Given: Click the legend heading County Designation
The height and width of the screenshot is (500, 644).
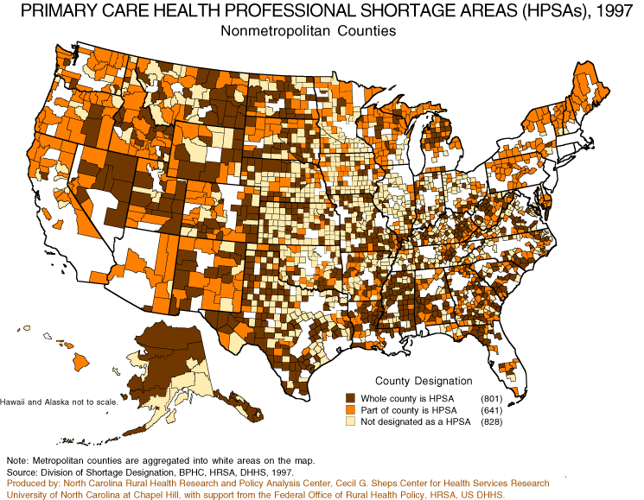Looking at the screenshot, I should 423,380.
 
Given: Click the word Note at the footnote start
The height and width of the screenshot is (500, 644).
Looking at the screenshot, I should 17,461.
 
